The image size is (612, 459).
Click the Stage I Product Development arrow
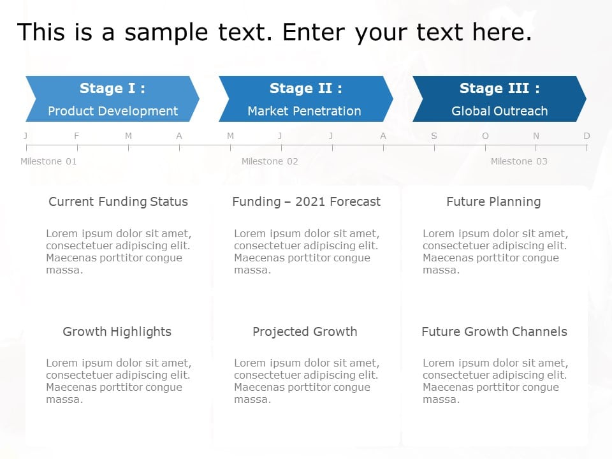pos(112,99)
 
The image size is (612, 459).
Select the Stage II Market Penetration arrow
pos(305,99)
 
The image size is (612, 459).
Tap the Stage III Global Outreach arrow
pos(499,99)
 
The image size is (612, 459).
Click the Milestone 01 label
pos(48,161)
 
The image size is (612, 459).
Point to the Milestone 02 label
pos(270,161)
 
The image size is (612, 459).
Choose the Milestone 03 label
pos(519,161)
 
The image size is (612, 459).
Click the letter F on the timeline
pos(77,136)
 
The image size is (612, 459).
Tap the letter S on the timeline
pos(434,136)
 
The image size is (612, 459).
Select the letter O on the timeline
pos(485,136)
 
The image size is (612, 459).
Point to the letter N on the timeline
pos(536,136)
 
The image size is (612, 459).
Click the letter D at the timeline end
pos(586,136)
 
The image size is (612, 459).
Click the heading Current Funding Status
pos(118,202)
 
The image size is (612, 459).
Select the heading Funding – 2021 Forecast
pos(306,202)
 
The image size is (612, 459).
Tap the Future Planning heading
pos(493,202)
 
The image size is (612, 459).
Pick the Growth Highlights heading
pos(117,331)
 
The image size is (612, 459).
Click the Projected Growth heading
pos(305,331)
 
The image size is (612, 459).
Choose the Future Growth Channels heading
pos(494,331)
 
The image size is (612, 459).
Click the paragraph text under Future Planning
pos(495,252)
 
